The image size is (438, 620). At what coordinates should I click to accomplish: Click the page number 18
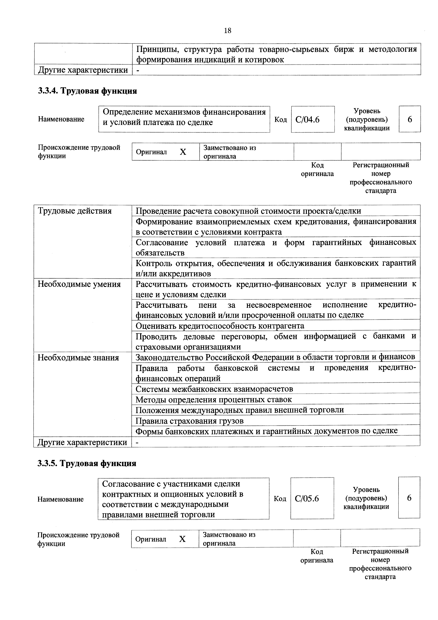(x=228, y=31)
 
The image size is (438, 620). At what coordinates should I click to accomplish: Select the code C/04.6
(x=307, y=119)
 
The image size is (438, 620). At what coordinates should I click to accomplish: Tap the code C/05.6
(x=307, y=498)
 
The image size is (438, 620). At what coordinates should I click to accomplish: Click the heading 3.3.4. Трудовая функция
(x=87, y=91)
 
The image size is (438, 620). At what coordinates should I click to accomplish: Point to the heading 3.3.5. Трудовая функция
(x=87, y=463)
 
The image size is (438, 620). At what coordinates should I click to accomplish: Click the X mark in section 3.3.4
(x=183, y=152)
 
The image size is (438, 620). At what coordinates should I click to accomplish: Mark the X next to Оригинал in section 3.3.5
(x=182, y=539)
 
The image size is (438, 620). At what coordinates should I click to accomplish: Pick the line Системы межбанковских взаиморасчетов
(x=214, y=389)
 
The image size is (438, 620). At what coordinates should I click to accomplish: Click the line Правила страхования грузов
(x=189, y=421)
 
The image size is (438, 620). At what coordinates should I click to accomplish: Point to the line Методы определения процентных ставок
(x=213, y=399)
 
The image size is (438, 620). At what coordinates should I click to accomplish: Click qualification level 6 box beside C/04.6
(x=410, y=119)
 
